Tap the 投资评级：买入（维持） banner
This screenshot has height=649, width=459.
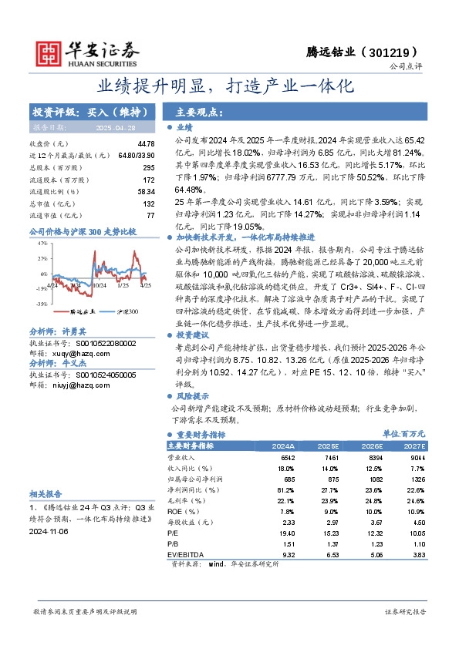[82, 112]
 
